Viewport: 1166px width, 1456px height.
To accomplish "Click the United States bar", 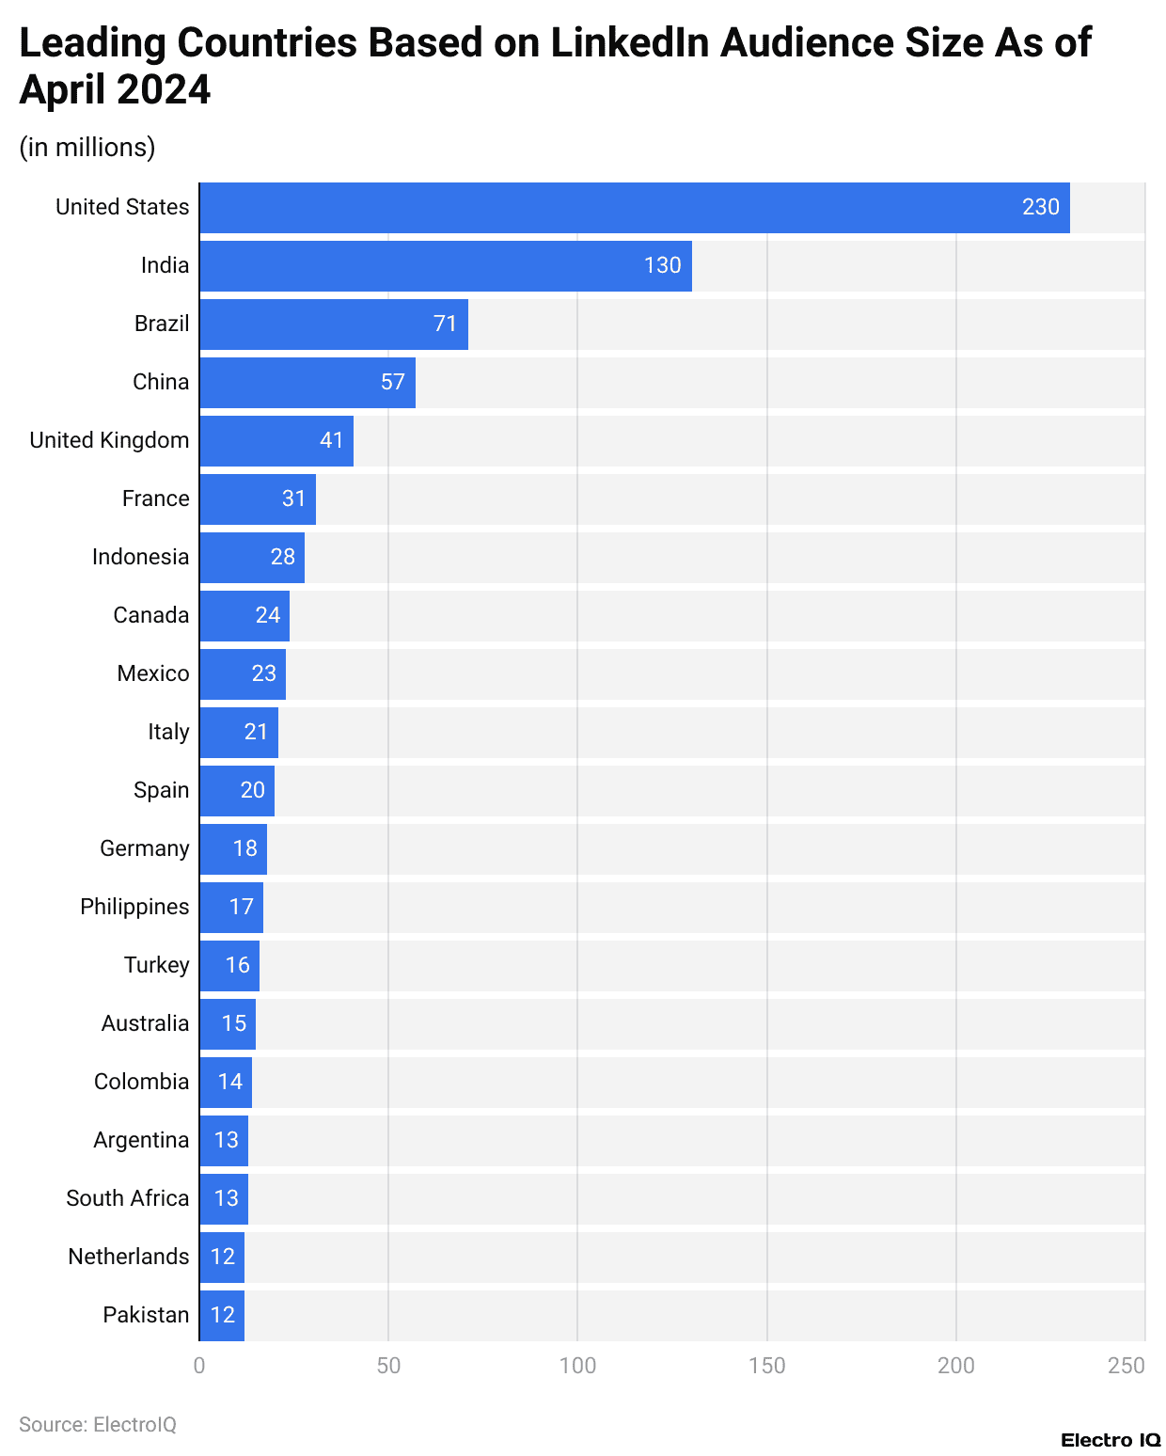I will [x=634, y=208].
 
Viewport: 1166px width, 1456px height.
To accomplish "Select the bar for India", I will [x=445, y=266].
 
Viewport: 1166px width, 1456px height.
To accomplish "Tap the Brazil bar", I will [x=333, y=324].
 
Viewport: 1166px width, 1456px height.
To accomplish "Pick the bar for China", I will [x=307, y=383].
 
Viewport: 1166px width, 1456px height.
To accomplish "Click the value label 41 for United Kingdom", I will [x=332, y=440].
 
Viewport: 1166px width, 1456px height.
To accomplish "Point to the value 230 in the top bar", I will [x=1040, y=207].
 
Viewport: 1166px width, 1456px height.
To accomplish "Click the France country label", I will [x=155, y=499].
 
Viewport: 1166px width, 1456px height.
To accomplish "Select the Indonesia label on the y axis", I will [x=140, y=557].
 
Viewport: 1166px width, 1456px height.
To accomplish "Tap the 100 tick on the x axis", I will [x=577, y=1366].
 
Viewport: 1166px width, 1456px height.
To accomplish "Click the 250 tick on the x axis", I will [x=1126, y=1366].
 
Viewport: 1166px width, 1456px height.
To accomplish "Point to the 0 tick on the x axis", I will [x=199, y=1366].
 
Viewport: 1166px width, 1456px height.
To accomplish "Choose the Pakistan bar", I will [x=222, y=1315].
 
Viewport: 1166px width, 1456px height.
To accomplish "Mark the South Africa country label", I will [x=127, y=1198].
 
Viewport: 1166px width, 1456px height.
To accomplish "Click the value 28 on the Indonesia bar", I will [x=283, y=557].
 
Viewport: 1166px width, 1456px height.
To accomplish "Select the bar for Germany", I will [x=233, y=849].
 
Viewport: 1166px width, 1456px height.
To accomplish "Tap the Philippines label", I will [x=134, y=907].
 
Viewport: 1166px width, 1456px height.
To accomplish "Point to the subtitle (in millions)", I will [x=87, y=148].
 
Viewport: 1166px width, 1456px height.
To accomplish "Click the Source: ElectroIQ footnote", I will [x=98, y=1424].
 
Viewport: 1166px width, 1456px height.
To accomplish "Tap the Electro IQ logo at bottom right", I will [x=1111, y=1440].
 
